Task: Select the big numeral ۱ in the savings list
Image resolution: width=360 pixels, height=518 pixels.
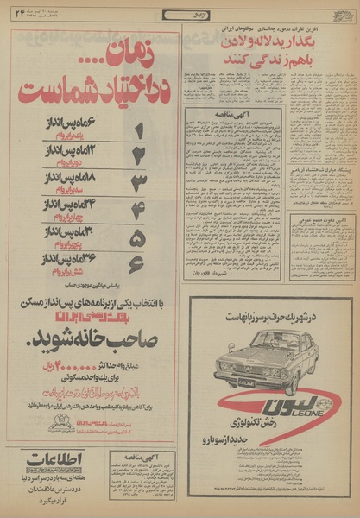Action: pyautogui.click(x=138, y=129)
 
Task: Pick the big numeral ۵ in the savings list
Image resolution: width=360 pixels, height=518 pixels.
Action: pyautogui.click(x=138, y=237)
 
